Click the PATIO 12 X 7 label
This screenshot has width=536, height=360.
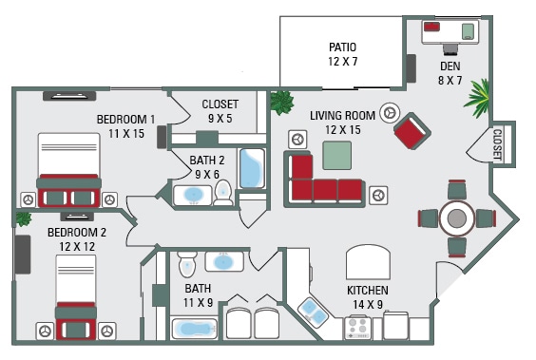[343, 53]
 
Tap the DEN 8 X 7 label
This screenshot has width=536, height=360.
[450, 73]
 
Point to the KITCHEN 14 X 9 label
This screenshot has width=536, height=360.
[367, 296]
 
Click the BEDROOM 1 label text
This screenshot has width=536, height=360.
[125, 119]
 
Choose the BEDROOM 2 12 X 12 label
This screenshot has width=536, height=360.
[77, 239]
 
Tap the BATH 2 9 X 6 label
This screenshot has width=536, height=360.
[205, 167]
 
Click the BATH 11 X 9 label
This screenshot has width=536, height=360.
[198, 294]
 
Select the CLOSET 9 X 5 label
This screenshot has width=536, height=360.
[220, 111]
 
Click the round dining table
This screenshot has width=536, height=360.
[457, 218]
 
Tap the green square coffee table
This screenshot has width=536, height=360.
[336, 154]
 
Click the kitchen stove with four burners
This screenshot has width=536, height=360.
[358, 328]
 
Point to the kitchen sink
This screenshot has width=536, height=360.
[314, 310]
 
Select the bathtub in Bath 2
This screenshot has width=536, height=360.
[251, 169]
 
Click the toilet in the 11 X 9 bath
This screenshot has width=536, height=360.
[187, 261]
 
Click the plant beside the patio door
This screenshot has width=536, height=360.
[281, 101]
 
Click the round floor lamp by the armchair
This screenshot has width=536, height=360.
[389, 112]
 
